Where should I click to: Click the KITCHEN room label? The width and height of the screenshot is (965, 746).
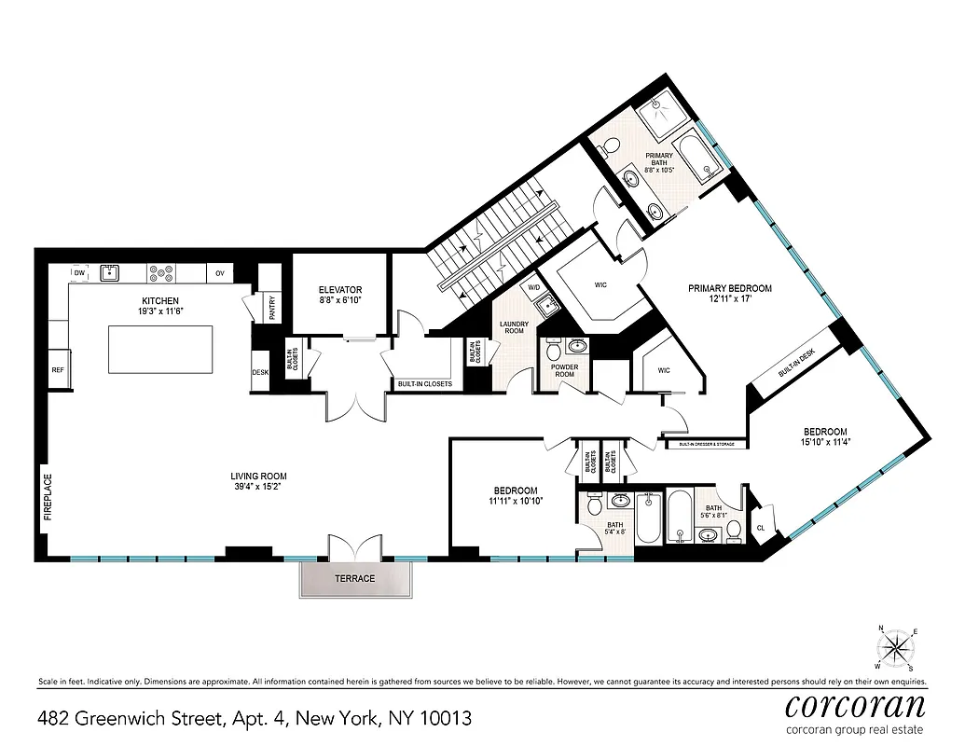coord(159,301)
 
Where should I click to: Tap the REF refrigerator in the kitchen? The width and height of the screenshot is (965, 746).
coord(58,370)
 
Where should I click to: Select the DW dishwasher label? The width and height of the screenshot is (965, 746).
coord(79,273)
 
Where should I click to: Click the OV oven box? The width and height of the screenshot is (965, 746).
coord(220,273)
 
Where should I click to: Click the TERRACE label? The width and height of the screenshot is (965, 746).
coord(354,579)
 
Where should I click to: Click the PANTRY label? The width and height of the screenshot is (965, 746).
coord(272,309)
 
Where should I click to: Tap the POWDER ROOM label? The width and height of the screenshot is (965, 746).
coord(565,371)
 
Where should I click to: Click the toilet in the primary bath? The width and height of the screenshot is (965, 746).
coord(611,147)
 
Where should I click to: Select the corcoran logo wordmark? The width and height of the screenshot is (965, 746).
coord(855,704)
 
